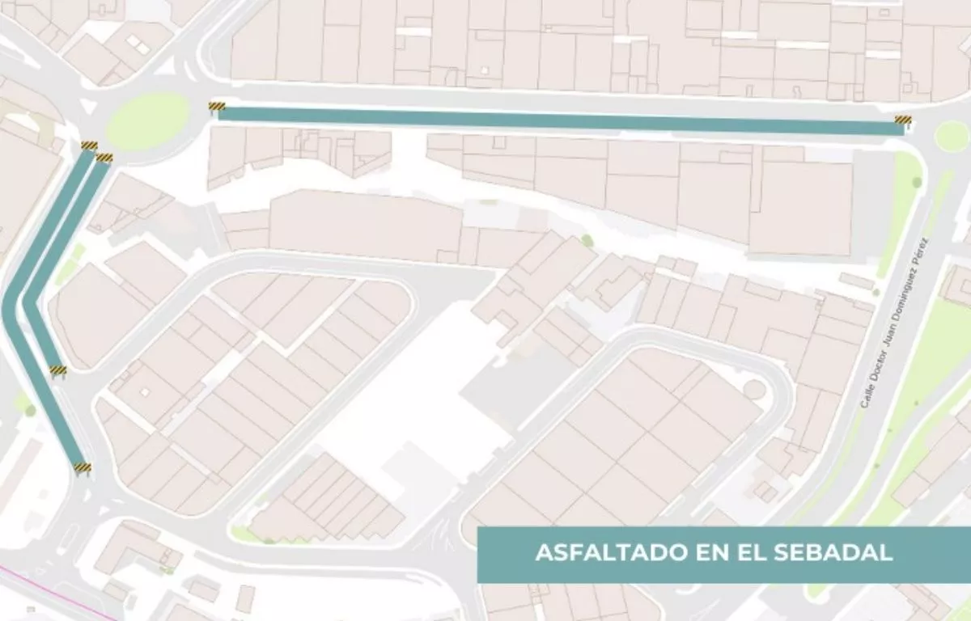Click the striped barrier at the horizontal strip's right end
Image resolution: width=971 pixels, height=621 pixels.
click(903, 121)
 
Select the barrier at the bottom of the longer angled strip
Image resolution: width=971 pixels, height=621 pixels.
click(83, 467)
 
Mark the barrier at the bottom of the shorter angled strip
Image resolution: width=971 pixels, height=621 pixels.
click(58, 370)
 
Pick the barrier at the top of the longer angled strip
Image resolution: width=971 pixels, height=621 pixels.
click(89, 146)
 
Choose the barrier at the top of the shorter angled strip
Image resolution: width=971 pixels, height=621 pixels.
click(104, 158)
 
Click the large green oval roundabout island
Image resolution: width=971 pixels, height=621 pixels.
click(147, 121)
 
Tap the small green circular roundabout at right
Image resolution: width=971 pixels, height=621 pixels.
click(952, 135)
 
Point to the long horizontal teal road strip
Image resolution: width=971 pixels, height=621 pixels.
click(558, 120)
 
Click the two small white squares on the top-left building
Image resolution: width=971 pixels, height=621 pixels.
click(137, 44)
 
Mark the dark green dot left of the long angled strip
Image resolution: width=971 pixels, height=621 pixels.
click(30, 411)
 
